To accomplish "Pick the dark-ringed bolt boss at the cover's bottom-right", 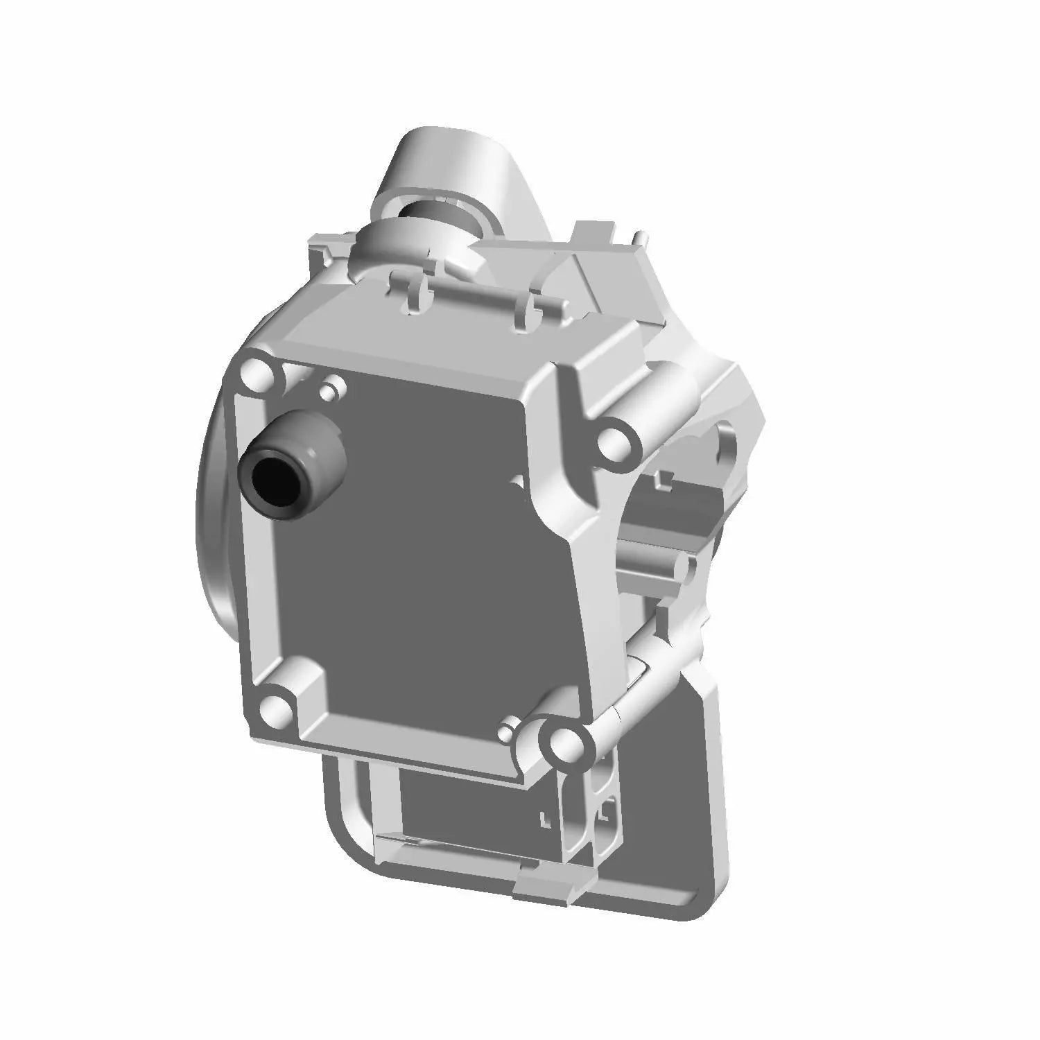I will (x=563, y=743).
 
